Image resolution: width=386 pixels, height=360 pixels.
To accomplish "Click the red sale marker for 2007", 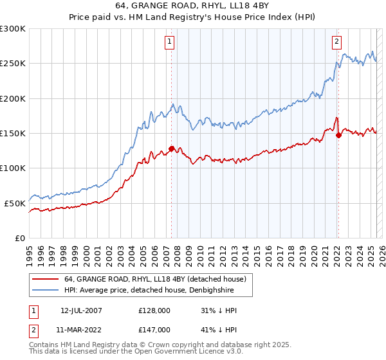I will point(171,148).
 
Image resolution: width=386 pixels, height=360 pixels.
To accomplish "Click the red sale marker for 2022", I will point(338,135).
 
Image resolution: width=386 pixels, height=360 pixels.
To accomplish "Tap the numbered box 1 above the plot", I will point(169,42).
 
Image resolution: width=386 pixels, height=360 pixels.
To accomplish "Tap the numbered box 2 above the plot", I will point(336,42).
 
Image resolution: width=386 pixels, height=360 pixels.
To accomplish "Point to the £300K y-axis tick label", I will point(13,29).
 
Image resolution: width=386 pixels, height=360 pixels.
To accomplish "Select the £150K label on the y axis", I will point(13,133).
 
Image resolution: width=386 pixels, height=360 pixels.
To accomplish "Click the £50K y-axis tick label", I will point(15,203).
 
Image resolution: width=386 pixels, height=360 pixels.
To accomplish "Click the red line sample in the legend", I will point(46,279).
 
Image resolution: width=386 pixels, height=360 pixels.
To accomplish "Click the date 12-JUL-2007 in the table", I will point(81,311).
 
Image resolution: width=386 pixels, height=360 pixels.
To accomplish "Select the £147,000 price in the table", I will point(154,329).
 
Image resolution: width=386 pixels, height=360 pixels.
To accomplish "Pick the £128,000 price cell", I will point(154,311).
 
